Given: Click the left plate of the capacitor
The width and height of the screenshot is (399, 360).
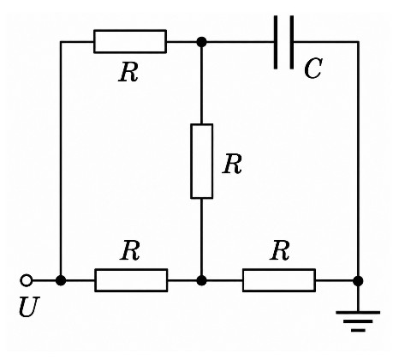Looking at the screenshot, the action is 276,42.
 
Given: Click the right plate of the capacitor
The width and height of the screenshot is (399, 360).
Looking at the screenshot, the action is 291,42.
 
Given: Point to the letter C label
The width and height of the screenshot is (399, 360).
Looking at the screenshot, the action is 313,69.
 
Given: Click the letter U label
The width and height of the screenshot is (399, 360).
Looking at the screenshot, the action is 29,307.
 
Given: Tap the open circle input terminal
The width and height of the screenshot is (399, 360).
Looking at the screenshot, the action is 27,280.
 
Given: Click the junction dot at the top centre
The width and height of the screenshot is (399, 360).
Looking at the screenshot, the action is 202,42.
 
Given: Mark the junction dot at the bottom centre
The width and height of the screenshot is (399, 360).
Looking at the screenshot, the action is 202,280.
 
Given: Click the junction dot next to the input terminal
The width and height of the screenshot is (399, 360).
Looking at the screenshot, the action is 61,280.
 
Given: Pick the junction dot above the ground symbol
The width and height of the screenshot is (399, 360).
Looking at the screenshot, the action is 358,281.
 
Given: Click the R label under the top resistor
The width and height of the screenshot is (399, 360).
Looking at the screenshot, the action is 128,72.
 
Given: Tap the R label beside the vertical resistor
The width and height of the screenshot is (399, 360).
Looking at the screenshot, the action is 232,164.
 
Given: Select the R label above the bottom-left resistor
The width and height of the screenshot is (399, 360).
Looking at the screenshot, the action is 130,250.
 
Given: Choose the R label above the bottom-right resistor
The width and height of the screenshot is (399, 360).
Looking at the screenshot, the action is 280,250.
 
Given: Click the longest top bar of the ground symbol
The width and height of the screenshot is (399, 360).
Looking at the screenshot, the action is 358,312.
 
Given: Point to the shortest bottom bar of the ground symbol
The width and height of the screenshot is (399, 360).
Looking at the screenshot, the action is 358,330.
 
